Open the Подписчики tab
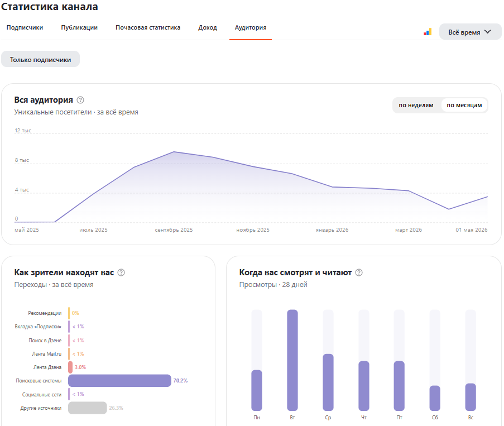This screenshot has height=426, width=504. coord(25,28)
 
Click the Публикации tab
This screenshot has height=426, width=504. coord(79,28)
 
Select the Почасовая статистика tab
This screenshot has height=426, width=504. coord(148,28)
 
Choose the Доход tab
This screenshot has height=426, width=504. coord(208,28)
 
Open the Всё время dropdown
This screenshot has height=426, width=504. coord(470,32)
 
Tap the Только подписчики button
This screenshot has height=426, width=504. coord(41,59)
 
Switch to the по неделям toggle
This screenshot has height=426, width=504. coord(416,105)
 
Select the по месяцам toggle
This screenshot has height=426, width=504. coord(464,105)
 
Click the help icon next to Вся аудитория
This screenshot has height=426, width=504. coord(80,100)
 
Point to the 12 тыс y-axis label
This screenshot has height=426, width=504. coord(23,130)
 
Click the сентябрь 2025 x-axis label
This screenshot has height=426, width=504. coord(174,230)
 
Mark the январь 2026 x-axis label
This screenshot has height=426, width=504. coord(332,230)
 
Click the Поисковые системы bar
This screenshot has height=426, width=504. coord(119,381)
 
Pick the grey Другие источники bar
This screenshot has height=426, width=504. coord(88,408)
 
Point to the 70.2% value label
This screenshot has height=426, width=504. coord(180,381)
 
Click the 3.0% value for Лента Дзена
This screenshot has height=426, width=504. coord(80,367)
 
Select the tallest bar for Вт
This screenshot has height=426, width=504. coord(292,360)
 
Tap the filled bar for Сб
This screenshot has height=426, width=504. coord(435,398)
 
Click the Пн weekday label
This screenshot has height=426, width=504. coord(257,417)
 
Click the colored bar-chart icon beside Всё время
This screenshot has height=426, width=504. coord(428,32)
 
